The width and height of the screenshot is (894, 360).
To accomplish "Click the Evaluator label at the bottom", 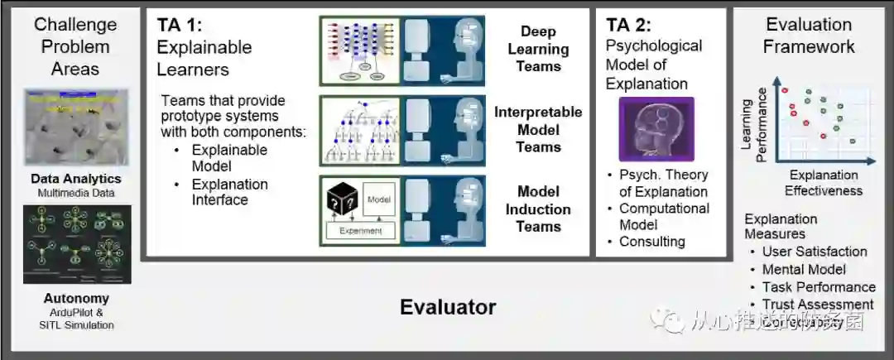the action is coord(448,307).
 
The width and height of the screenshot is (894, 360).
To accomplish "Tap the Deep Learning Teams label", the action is coord(538,49).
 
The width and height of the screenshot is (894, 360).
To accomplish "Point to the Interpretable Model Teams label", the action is coord(538,130).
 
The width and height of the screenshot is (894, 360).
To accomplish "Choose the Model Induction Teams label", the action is coord(538,209).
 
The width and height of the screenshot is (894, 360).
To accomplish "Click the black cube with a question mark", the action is coord(343,198).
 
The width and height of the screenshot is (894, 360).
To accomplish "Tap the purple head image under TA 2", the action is coord(656,129).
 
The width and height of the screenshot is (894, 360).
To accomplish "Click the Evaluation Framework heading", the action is coord(809,36).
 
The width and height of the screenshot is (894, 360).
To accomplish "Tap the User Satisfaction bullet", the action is coord(815,252).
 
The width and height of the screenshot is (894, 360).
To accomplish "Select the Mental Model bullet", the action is coord(804,269).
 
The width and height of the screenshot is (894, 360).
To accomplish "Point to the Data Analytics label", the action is coord(76,179).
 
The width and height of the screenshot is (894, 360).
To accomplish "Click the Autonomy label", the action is coord(76,299).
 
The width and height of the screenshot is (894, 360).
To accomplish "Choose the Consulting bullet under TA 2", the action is coord(652,242).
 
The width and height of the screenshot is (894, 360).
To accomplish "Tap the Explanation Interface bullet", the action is coord(229,192).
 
